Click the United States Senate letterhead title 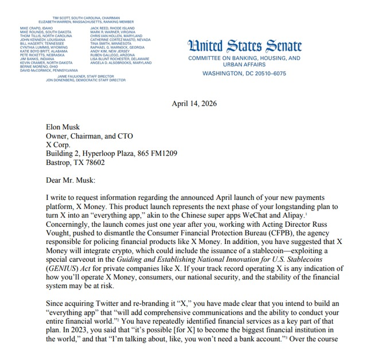(x=245, y=46)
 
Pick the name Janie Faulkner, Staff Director (x=86, y=76)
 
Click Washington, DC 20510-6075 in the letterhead (x=244, y=74)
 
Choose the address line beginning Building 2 (x=111, y=154)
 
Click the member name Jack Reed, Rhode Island (x=112, y=28)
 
